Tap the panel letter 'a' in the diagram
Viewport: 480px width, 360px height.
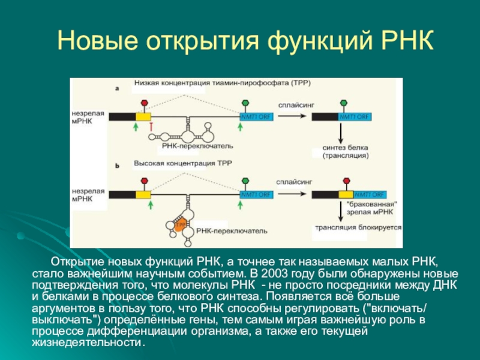[117, 88]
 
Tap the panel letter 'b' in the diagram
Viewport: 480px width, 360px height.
[117, 163]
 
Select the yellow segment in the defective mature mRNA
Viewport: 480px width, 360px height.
[346, 194]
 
